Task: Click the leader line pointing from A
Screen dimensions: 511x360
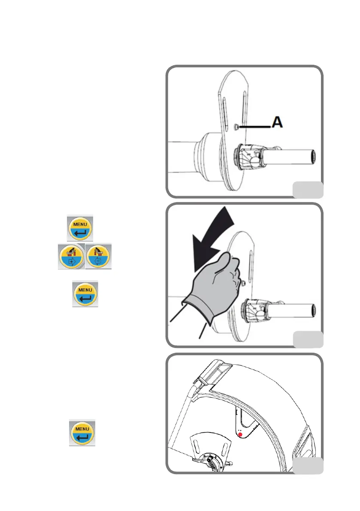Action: [x=255, y=127]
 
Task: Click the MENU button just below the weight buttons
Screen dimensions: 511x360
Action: [x=85, y=293]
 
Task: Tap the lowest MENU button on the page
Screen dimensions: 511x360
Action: [x=82, y=433]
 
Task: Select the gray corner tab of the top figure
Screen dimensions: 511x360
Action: [x=308, y=189]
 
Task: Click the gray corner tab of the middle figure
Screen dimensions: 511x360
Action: [x=308, y=339]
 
